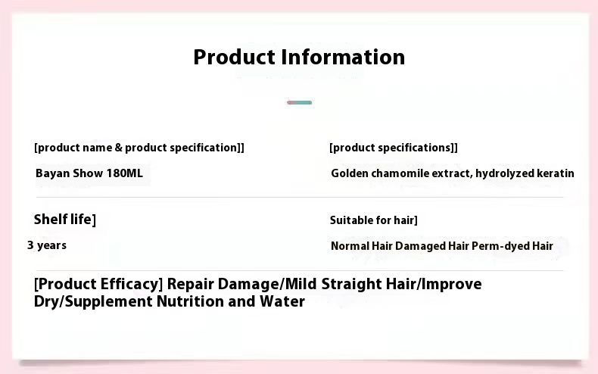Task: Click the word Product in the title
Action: tap(235, 58)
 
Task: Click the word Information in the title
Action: tap(343, 58)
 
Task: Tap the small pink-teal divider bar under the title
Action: tap(300, 102)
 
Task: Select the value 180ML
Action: tap(125, 173)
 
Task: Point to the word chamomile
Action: tap(400, 173)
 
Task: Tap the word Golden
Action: tap(350, 173)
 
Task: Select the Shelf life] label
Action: tap(65, 220)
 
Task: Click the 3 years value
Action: tap(47, 245)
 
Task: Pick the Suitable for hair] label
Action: tap(374, 220)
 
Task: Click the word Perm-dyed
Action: tap(500, 246)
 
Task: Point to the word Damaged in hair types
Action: tap(420, 246)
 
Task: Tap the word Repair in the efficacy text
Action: tap(190, 285)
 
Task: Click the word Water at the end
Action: tap(282, 301)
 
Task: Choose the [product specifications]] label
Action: tap(394, 148)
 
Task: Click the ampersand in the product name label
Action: tap(119, 148)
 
